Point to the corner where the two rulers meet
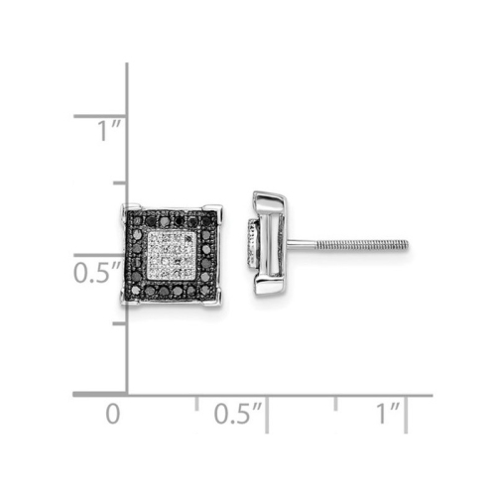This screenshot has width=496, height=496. [x=127, y=395]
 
